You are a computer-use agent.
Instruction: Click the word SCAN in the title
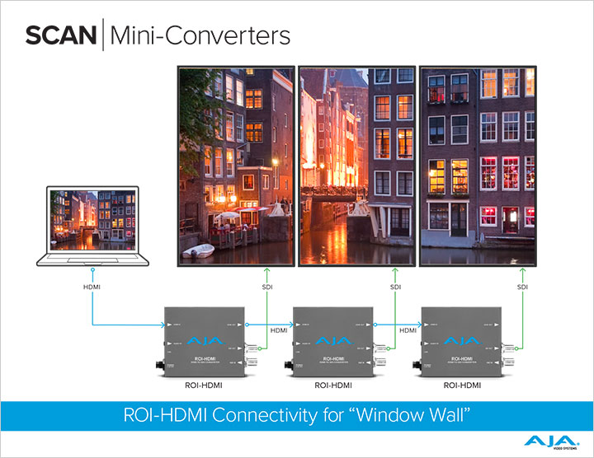click(60, 35)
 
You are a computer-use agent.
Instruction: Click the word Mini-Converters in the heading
click(199, 35)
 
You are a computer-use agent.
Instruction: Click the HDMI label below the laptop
click(92, 286)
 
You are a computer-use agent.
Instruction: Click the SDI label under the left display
click(266, 286)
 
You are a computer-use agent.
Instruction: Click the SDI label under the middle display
click(395, 286)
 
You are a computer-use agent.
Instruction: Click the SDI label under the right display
click(522, 286)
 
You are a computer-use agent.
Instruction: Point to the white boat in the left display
click(198, 250)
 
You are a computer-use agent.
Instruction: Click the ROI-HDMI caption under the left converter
click(203, 385)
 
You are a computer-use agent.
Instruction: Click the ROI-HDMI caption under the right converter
click(462, 385)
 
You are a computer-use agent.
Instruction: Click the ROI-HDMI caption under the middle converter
click(333, 385)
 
